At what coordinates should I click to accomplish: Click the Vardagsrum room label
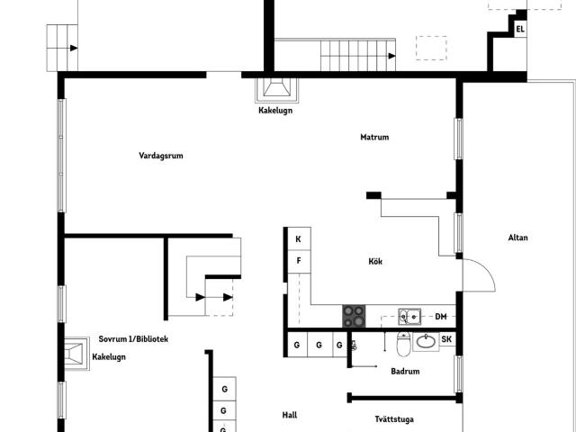tap(161, 156)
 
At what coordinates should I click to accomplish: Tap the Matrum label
tap(374, 137)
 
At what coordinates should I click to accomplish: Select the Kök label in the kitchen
tap(375, 261)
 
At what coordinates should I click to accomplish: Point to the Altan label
tap(518, 238)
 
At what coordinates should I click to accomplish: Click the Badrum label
tap(405, 371)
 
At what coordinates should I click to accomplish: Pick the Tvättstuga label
tap(394, 419)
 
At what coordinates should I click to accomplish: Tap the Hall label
tap(290, 415)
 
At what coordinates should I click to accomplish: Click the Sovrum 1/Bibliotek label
tap(133, 338)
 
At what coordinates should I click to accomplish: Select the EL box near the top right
tap(520, 29)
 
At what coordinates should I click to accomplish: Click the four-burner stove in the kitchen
tap(354, 316)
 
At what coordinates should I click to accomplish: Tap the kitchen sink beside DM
tap(409, 316)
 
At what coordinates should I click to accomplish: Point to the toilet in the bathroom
tap(403, 344)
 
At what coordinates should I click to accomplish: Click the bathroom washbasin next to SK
tap(426, 342)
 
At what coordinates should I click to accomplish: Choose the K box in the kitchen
tap(299, 239)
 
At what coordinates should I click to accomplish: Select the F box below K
tap(299, 261)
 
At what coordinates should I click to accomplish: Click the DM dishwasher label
tap(441, 316)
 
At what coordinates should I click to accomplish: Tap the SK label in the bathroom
tap(446, 339)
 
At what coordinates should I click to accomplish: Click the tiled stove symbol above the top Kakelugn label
tap(276, 90)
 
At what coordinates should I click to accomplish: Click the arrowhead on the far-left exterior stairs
tap(74, 48)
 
